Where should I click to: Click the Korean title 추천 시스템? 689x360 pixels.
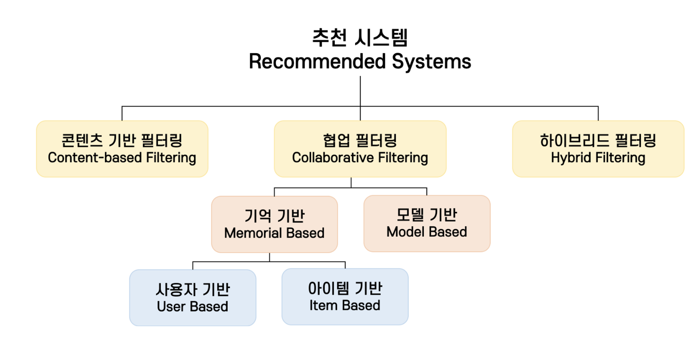[360, 38]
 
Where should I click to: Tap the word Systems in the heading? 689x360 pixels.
[431, 62]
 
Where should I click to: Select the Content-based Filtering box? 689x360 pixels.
[122, 149]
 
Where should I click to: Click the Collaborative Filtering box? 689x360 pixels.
[360, 149]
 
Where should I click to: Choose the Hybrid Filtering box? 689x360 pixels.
[598, 149]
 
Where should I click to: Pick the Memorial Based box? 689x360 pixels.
[274, 224]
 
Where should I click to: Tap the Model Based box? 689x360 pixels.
[427, 224]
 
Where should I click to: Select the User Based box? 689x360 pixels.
[193, 297]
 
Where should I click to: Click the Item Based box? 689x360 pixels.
[345, 297]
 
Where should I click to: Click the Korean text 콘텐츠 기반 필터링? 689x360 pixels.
[122, 140]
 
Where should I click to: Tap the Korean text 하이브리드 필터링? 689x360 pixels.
[598, 140]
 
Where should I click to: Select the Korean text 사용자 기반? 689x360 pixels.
[193, 289]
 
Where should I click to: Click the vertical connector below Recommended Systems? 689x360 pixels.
[360, 91]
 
